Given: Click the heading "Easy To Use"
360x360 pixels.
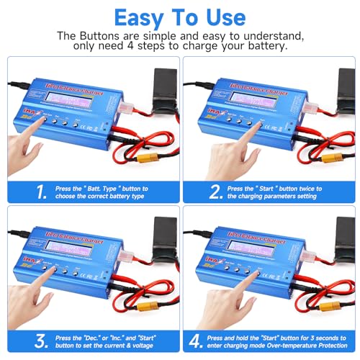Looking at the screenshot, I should pos(179,17).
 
